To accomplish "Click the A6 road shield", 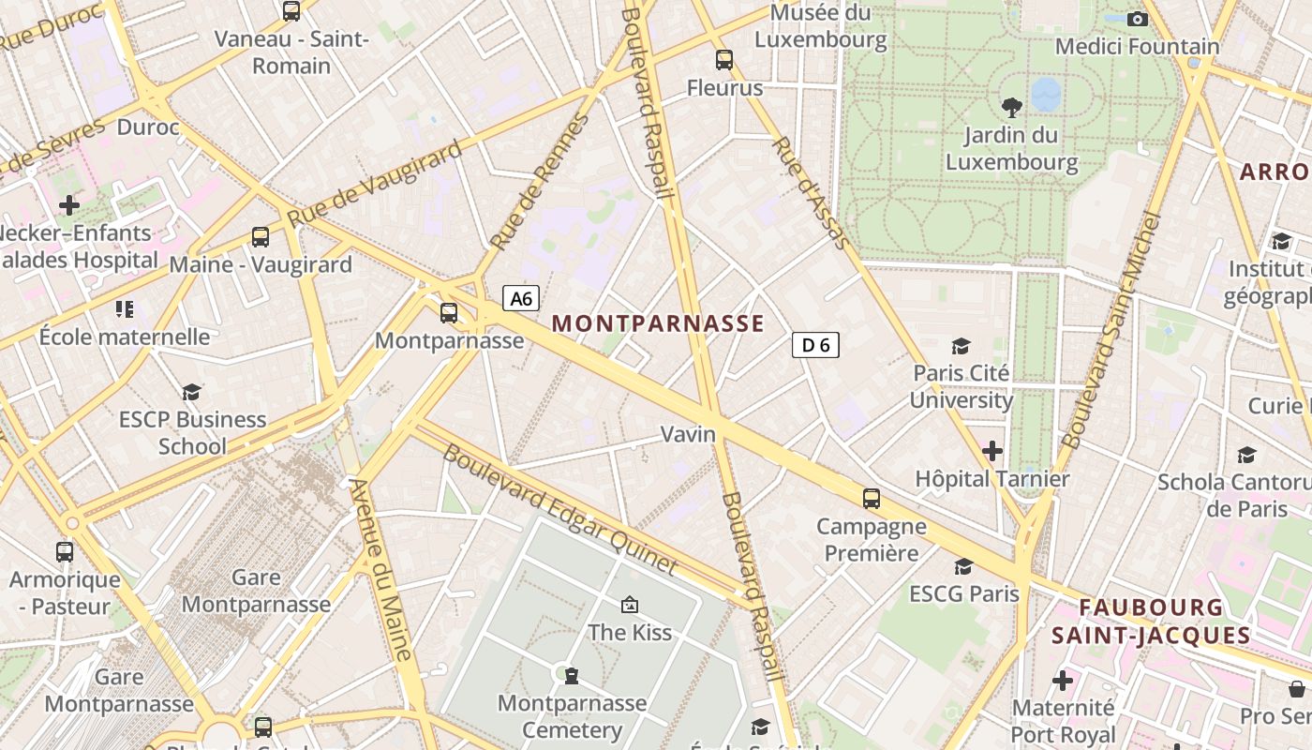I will pos(522,298).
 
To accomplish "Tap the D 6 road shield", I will pos(815,345).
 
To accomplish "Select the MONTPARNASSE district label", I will pos(658,324).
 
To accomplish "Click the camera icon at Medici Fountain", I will pos(1137,19).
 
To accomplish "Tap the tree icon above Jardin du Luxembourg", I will pos(1011,107).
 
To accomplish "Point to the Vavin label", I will pos(688,434).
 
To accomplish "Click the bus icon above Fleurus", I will pos(724,60).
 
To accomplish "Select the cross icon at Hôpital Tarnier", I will pos(992,451).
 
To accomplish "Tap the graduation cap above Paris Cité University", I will pos(961,346).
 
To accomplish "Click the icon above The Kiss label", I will pos(630,605).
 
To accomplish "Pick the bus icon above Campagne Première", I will pos(872,498).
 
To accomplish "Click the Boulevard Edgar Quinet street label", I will pos(559,508).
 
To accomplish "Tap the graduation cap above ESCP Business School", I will pos(192,392).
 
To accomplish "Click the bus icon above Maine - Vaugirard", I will pos(261,237).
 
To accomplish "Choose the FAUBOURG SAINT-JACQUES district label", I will pos(1151,621).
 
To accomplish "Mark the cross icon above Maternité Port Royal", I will pos(1062,680).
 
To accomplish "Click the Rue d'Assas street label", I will pos(811,193).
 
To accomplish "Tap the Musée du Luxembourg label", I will pos(820,26).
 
